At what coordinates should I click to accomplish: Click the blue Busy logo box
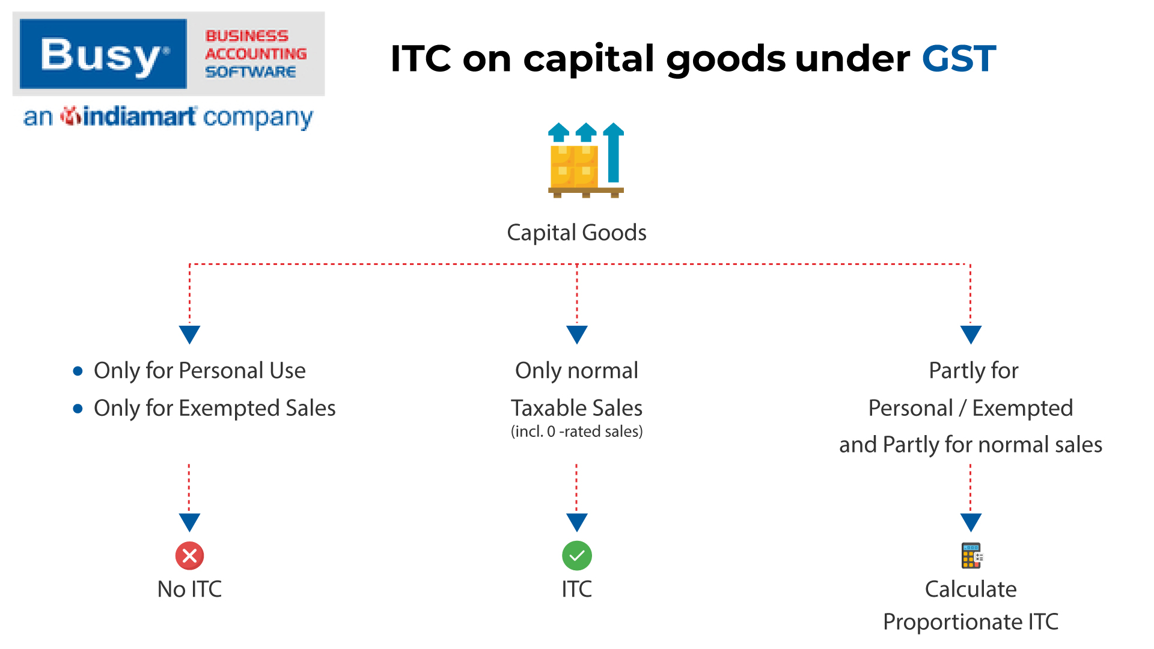click(103, 54)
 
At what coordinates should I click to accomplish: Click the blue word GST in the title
click(959, 58)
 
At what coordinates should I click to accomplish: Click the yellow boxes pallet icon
click(586, 160)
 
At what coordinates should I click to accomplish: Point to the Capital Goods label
click(576, 233)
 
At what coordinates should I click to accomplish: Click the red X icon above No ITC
click(189, 556)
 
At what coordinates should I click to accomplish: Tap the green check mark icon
click(576, 556)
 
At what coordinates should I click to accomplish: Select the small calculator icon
click(971, 556)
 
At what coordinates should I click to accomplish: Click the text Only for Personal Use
click(200, 371)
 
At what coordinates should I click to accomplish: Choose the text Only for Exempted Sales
click(215, 409)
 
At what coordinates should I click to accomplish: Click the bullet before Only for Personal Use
click(78, 371)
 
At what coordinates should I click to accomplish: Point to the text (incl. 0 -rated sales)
click(576, 431)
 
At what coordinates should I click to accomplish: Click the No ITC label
click(189, 590)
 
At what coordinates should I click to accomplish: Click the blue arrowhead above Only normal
click(576, 334)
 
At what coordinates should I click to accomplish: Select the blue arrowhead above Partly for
click(971, 334)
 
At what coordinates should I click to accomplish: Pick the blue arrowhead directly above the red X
click(189, 522)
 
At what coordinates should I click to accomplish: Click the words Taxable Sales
click(576, 408)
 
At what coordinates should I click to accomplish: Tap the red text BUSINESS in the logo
click(247, 36)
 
